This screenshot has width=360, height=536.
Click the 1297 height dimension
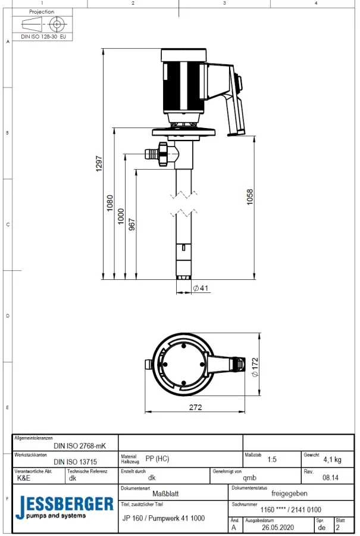99,164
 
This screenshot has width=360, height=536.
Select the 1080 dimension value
109,203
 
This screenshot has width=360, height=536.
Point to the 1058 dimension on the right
250,197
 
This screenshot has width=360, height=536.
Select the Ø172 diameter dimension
255,367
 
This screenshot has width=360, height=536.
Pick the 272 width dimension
196,407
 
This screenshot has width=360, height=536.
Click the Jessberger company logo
65,507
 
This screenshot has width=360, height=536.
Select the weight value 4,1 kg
332,460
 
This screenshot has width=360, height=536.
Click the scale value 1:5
272,460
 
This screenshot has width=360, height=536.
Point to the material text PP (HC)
157,459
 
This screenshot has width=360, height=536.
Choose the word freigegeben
289,493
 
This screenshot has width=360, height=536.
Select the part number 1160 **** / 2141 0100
291,510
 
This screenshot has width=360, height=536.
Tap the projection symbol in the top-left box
43,24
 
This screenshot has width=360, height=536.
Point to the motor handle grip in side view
235,113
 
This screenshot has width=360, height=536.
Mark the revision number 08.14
330,477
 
